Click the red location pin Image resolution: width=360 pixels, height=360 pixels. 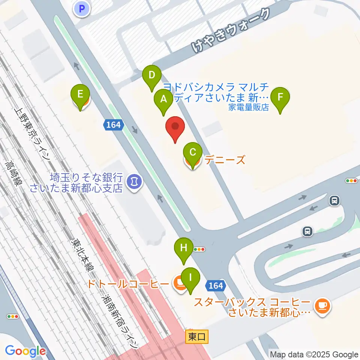[175, 129]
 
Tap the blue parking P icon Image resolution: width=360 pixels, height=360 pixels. [82, 8]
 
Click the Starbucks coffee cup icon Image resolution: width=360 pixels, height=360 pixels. [322, 306]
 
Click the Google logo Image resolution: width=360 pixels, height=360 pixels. [25, 351]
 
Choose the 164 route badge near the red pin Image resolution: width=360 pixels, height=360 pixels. [113, 125]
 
